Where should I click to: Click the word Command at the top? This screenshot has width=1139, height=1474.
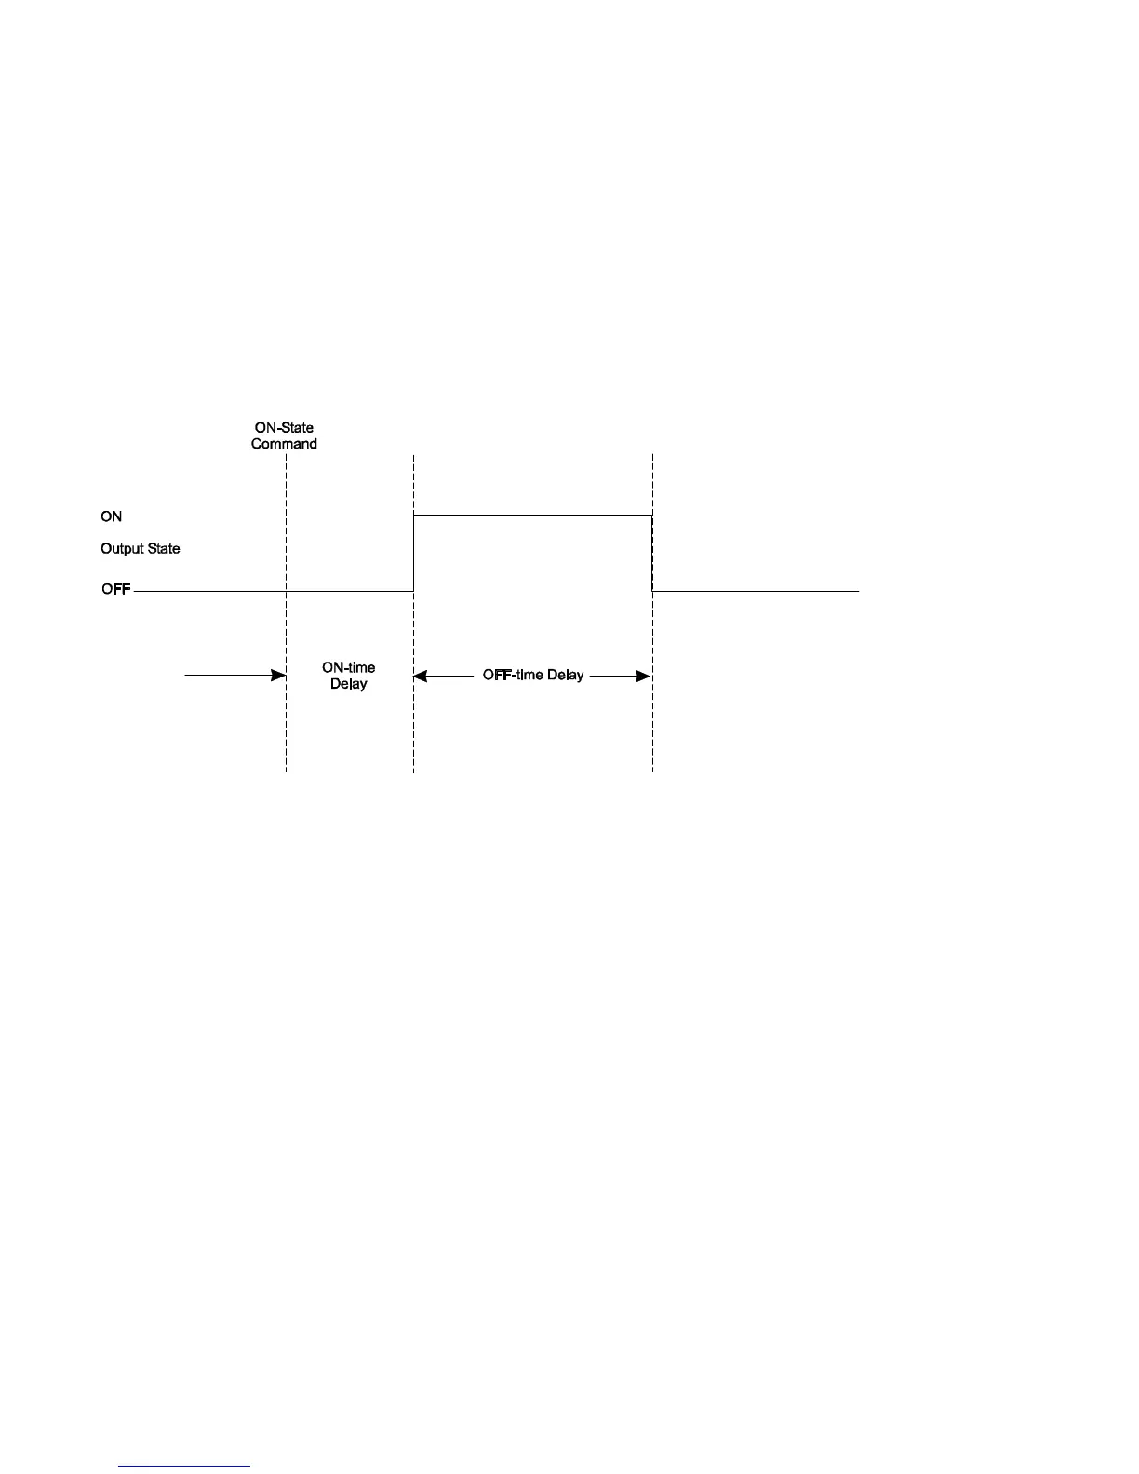(x=284, y=444)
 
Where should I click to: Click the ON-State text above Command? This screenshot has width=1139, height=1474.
(x=284, y=428)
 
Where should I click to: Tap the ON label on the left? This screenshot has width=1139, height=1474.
(x=111, y=516)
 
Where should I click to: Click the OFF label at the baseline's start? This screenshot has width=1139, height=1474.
(x=115, y=590)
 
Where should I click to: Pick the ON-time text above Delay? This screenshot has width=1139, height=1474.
(x=349, y=668)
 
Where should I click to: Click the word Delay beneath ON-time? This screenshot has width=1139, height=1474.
(x=349, y=684)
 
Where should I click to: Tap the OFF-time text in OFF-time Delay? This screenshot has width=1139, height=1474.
(x=513, y=675)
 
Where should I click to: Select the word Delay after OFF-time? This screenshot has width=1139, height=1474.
(x=565, y=675)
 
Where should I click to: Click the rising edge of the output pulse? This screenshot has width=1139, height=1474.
(x=413, y=553)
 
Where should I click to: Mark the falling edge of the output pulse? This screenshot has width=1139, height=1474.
(x=652, y=553)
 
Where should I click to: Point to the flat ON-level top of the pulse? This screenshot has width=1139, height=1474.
(x=532, y=515)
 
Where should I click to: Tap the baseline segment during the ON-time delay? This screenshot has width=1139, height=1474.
(x=349, y=590)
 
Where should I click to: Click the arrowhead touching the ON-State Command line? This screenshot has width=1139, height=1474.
(x=278, y=675)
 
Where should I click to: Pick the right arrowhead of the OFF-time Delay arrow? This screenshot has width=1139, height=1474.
(x=643, y=676)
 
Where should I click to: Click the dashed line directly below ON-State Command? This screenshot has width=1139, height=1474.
(x=286, y=521)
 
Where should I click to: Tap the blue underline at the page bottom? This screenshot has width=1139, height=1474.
(x=184, y=1466)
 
